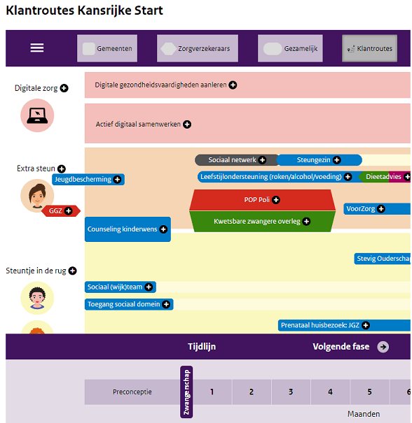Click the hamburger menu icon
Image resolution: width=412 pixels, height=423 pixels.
37,48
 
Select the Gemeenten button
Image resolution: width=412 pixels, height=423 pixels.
107,48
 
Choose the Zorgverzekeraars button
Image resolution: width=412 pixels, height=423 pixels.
198,48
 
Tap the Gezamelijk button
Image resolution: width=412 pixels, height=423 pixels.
290,48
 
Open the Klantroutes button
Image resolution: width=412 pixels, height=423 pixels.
369,48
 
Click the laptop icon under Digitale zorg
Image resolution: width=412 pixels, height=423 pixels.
37,115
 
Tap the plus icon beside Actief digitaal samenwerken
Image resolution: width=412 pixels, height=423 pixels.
187,124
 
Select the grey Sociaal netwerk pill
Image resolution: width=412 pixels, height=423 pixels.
236,160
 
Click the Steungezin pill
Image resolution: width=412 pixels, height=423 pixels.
320,160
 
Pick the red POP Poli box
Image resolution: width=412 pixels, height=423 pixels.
262,200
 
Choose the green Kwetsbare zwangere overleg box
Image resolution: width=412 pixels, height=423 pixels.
262,222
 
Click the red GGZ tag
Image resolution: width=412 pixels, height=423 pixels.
61,211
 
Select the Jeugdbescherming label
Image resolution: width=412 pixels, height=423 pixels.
88,180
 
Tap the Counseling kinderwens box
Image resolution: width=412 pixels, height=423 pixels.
128,229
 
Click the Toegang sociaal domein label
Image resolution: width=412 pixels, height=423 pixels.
129,304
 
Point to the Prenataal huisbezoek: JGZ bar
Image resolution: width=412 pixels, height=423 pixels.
344,325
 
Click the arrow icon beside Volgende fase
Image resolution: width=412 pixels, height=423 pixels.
383,347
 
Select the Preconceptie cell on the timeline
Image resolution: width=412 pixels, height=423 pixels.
132,392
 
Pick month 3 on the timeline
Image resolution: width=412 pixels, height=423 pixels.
291,392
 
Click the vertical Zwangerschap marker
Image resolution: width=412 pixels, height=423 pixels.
186,392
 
